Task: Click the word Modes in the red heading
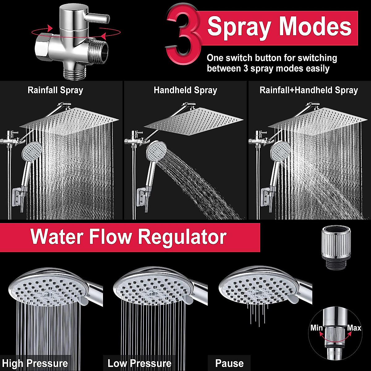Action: (315, 27)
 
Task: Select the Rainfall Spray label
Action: (55, 90)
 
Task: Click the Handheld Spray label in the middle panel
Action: (185, 90)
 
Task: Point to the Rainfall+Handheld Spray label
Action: (309, 90)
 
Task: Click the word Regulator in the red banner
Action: (182, 237)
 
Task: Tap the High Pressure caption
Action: (35, 363)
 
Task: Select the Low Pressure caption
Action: (139, 363)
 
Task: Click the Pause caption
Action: (229, 363)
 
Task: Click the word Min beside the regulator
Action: (317, 328)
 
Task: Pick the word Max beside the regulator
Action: (354, 328)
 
